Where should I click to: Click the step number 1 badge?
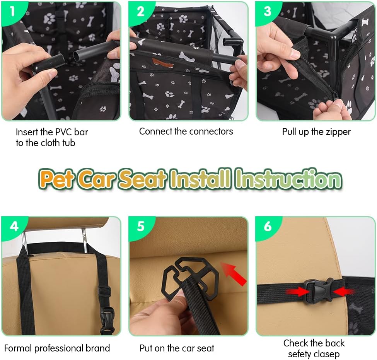click(x=12, y=12)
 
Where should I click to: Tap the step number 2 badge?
click(x=140, y=12)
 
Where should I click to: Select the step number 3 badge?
click(x=267, y=12)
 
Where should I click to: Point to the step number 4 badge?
click(x=14, y=227)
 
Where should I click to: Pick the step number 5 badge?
click(x=141, y=227)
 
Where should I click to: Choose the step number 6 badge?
click(x=268, y=227)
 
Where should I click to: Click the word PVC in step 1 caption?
click(x=63, y=132)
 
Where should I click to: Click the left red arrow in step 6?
click(x=298, y=292)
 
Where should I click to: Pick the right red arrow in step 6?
click(x=344, y=292)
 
